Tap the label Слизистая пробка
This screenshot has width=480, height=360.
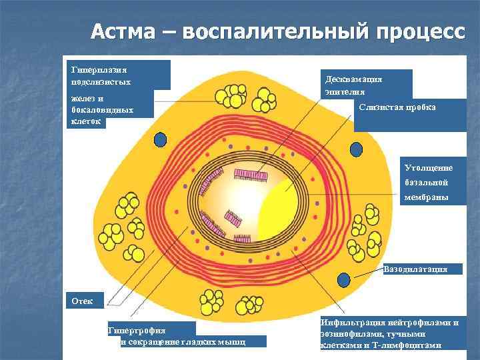click(397, 107)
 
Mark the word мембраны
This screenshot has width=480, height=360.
click(426, 198)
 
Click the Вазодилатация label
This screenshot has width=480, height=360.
click(422, 269)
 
